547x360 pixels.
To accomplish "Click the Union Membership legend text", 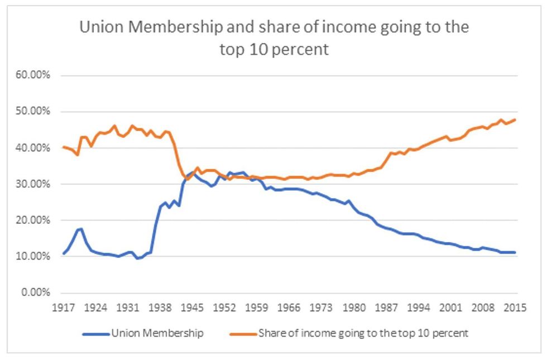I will pyautogui.click(x=157, y=334).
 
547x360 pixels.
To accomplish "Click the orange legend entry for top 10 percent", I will pyautogui.click(x=362, y=334).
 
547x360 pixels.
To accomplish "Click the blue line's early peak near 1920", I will pyautogui.click(x=81, y=229).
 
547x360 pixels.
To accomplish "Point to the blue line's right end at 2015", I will pyautogui.click(x=515, y=252).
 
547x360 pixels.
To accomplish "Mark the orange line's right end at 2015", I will pyautogui.click(x=515, y=119).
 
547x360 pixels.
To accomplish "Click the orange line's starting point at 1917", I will pyautogui.click(x=64, y=147).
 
